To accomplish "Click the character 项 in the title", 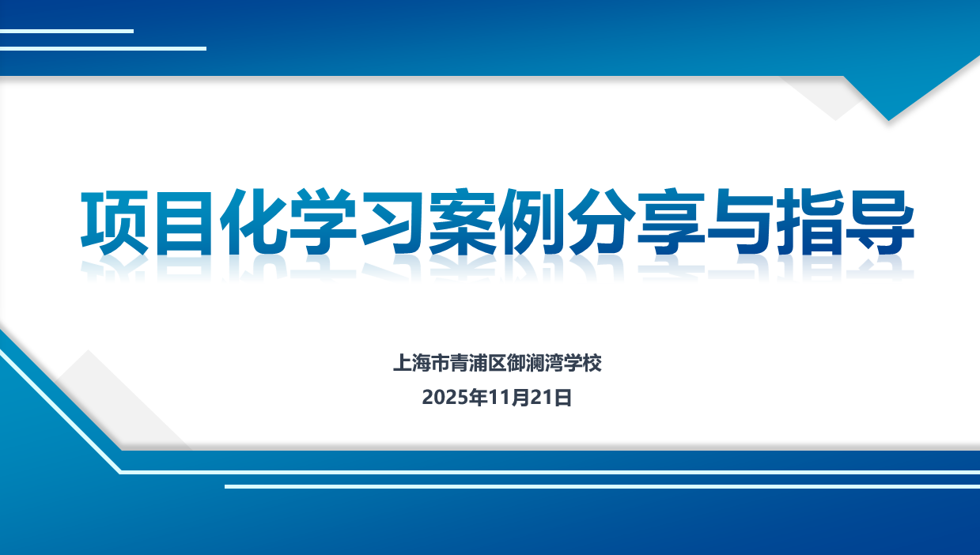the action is (x=115, y=222).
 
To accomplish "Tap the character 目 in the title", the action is (x=184, y=222).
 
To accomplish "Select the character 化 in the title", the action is (x=253, y=222).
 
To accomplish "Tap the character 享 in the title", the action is (x=671, y=222).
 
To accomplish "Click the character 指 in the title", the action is (x=810, y=222).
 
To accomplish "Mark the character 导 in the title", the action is (x=880, y=222).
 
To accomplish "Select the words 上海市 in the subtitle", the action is (x=421, y=363).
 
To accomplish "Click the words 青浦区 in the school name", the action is (x=478, y=363).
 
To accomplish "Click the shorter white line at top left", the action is (x=66, y=31).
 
